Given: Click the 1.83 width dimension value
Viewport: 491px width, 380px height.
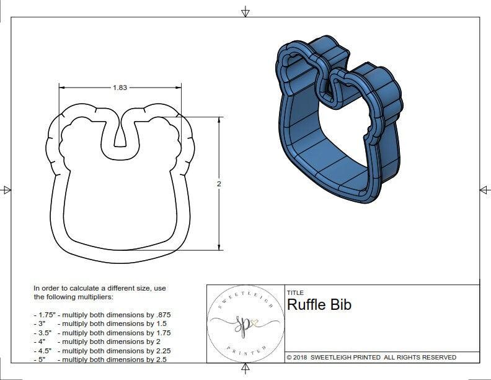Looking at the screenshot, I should pos(120,88).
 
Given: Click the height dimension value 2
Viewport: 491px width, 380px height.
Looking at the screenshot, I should pos(219,184).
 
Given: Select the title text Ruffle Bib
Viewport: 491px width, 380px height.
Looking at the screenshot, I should pos(319,305).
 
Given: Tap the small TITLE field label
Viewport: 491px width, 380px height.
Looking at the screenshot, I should pos(295,292).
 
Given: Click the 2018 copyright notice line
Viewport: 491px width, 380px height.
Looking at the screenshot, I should pos(371,357).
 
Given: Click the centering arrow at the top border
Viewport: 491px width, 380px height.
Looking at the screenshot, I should pos(245,11).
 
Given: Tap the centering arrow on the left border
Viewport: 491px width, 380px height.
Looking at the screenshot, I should pos(6,190).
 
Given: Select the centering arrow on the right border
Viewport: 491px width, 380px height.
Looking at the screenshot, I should pos(484,190).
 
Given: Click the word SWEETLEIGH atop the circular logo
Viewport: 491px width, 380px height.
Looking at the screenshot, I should pos(243,295).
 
